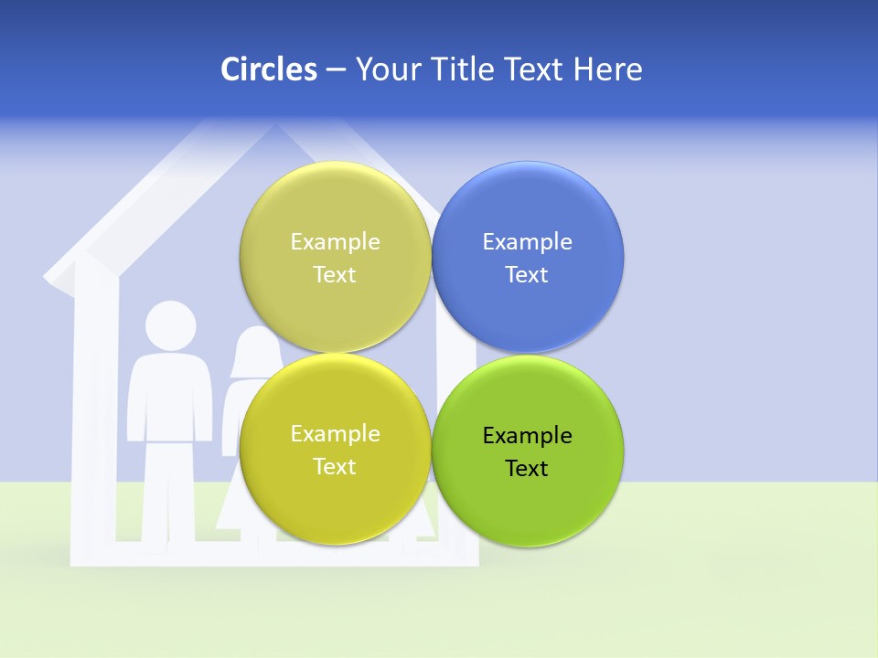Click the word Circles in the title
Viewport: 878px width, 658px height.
click(268, 69)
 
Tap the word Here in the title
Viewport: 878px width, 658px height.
click(607, 69)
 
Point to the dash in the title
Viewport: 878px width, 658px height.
click(336, 70)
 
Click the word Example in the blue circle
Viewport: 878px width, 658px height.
click(527, 242)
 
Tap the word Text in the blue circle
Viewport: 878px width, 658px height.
click(527, 275)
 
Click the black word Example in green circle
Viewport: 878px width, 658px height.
click(527, 436)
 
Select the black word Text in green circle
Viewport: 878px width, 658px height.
click(527, 469)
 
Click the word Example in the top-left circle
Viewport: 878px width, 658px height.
click(335, 242)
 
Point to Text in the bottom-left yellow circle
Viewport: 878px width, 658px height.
click(335, 467)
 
